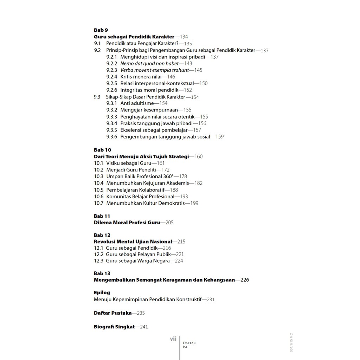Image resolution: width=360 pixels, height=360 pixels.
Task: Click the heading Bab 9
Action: click(x=101, y=30)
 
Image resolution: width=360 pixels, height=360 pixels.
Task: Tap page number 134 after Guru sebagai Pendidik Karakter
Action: click(x=184, y=37)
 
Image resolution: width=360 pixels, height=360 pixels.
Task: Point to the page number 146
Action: click(x=171, y=77)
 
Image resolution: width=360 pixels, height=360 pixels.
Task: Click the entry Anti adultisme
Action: click(x=137, y=103)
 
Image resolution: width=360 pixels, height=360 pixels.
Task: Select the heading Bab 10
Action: click(x=102, y=150)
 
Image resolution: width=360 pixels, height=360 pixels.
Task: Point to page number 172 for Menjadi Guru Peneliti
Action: click(x=165, y=170)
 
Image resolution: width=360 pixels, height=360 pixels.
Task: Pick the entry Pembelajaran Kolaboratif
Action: click(x=133, y=190)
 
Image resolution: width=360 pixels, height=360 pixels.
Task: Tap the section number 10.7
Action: click(x=98, y=203)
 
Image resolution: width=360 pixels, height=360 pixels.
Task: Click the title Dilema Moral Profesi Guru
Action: click(x=127, y=223)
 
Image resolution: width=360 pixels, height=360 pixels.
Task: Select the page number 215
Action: click(x=181, y=242)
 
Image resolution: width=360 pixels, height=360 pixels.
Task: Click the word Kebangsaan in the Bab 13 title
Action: click(x=219, y=280)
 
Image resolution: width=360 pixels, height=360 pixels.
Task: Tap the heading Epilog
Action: click(x=102, y=292)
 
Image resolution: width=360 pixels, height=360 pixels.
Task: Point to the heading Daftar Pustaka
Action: click(x=112, y=313)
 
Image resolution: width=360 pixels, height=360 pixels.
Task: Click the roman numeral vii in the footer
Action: click(x=173, y=339)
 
